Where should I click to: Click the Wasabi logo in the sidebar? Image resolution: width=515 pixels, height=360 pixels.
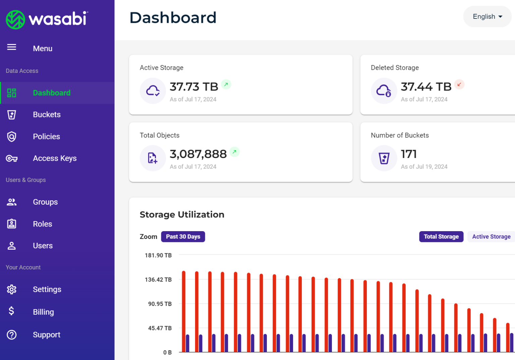[47, 19]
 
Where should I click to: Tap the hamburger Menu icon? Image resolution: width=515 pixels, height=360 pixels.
[12, 47]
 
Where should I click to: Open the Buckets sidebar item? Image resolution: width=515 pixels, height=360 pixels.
[47, 115]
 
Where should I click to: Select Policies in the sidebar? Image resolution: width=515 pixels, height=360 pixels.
[46, 137]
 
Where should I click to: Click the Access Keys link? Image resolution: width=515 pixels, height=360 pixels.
[55, 158]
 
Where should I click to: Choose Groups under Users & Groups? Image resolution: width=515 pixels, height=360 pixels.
[45, 202]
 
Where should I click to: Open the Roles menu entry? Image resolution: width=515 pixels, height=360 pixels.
[42, 224]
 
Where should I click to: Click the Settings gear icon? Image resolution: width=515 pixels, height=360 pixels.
[12, 289]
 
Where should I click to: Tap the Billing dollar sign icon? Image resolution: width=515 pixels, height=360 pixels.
[11, 311]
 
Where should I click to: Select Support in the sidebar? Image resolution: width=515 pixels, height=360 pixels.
[46, 335]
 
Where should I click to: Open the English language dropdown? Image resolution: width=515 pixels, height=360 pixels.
[487, 16]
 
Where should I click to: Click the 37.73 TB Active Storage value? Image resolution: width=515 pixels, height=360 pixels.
[194, 87]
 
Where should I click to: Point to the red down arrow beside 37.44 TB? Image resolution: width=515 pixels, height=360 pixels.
[459, 85]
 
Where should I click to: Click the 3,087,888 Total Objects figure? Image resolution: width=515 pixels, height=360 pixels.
[198, 154]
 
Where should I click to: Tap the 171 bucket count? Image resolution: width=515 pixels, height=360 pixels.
[409, 154]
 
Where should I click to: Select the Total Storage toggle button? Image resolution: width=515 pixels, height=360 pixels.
[441, 237]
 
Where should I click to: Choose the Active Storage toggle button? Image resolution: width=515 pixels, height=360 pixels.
[491, 237]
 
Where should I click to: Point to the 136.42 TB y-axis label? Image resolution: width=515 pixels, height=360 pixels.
[158, 279]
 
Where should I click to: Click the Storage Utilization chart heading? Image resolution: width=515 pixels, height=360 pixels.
[182, 214]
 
